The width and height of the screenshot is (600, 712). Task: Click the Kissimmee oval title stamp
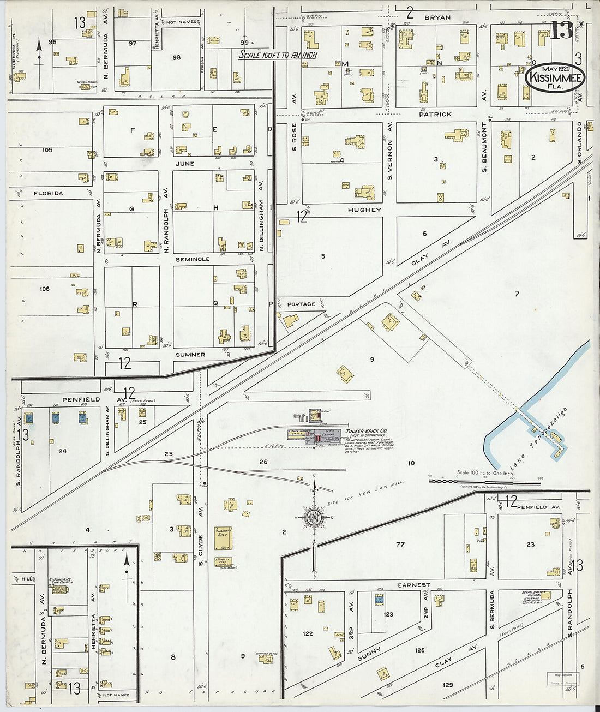click(x=555, y=79)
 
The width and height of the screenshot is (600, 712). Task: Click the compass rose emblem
click(x=314, y=517)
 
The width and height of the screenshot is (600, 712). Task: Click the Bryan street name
click(x=437, y=17)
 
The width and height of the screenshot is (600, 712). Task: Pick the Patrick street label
click(x=435, y=115)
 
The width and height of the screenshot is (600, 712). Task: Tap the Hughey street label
click(x=364, y=210)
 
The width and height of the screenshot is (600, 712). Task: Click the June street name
click(x=184, y=164)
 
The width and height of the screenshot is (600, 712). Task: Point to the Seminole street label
click(x=192, y=260)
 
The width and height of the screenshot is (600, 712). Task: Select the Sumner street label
click(x=190, y=355)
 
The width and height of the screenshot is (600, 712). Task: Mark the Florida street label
click(x=48, y=193)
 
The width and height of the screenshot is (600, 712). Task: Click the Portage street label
click(x=301, y=304)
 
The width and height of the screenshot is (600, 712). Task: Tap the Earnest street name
click(x=413, y=585)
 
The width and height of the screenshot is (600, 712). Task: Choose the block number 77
click(x=400, y=545)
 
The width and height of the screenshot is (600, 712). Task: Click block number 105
click(x=47, y=150)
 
